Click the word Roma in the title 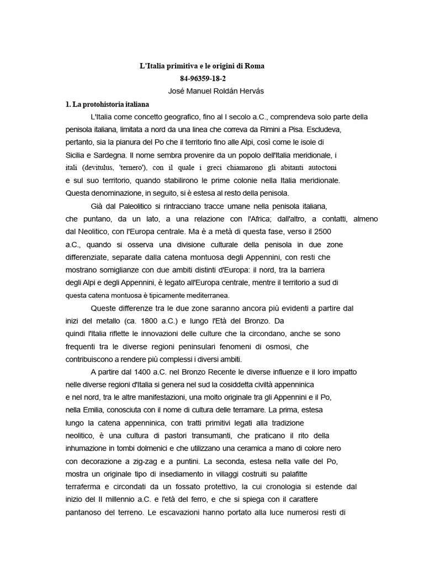(256, 66)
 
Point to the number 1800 (148, 321)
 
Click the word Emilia (99, 410)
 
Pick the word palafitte (303, 474)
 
